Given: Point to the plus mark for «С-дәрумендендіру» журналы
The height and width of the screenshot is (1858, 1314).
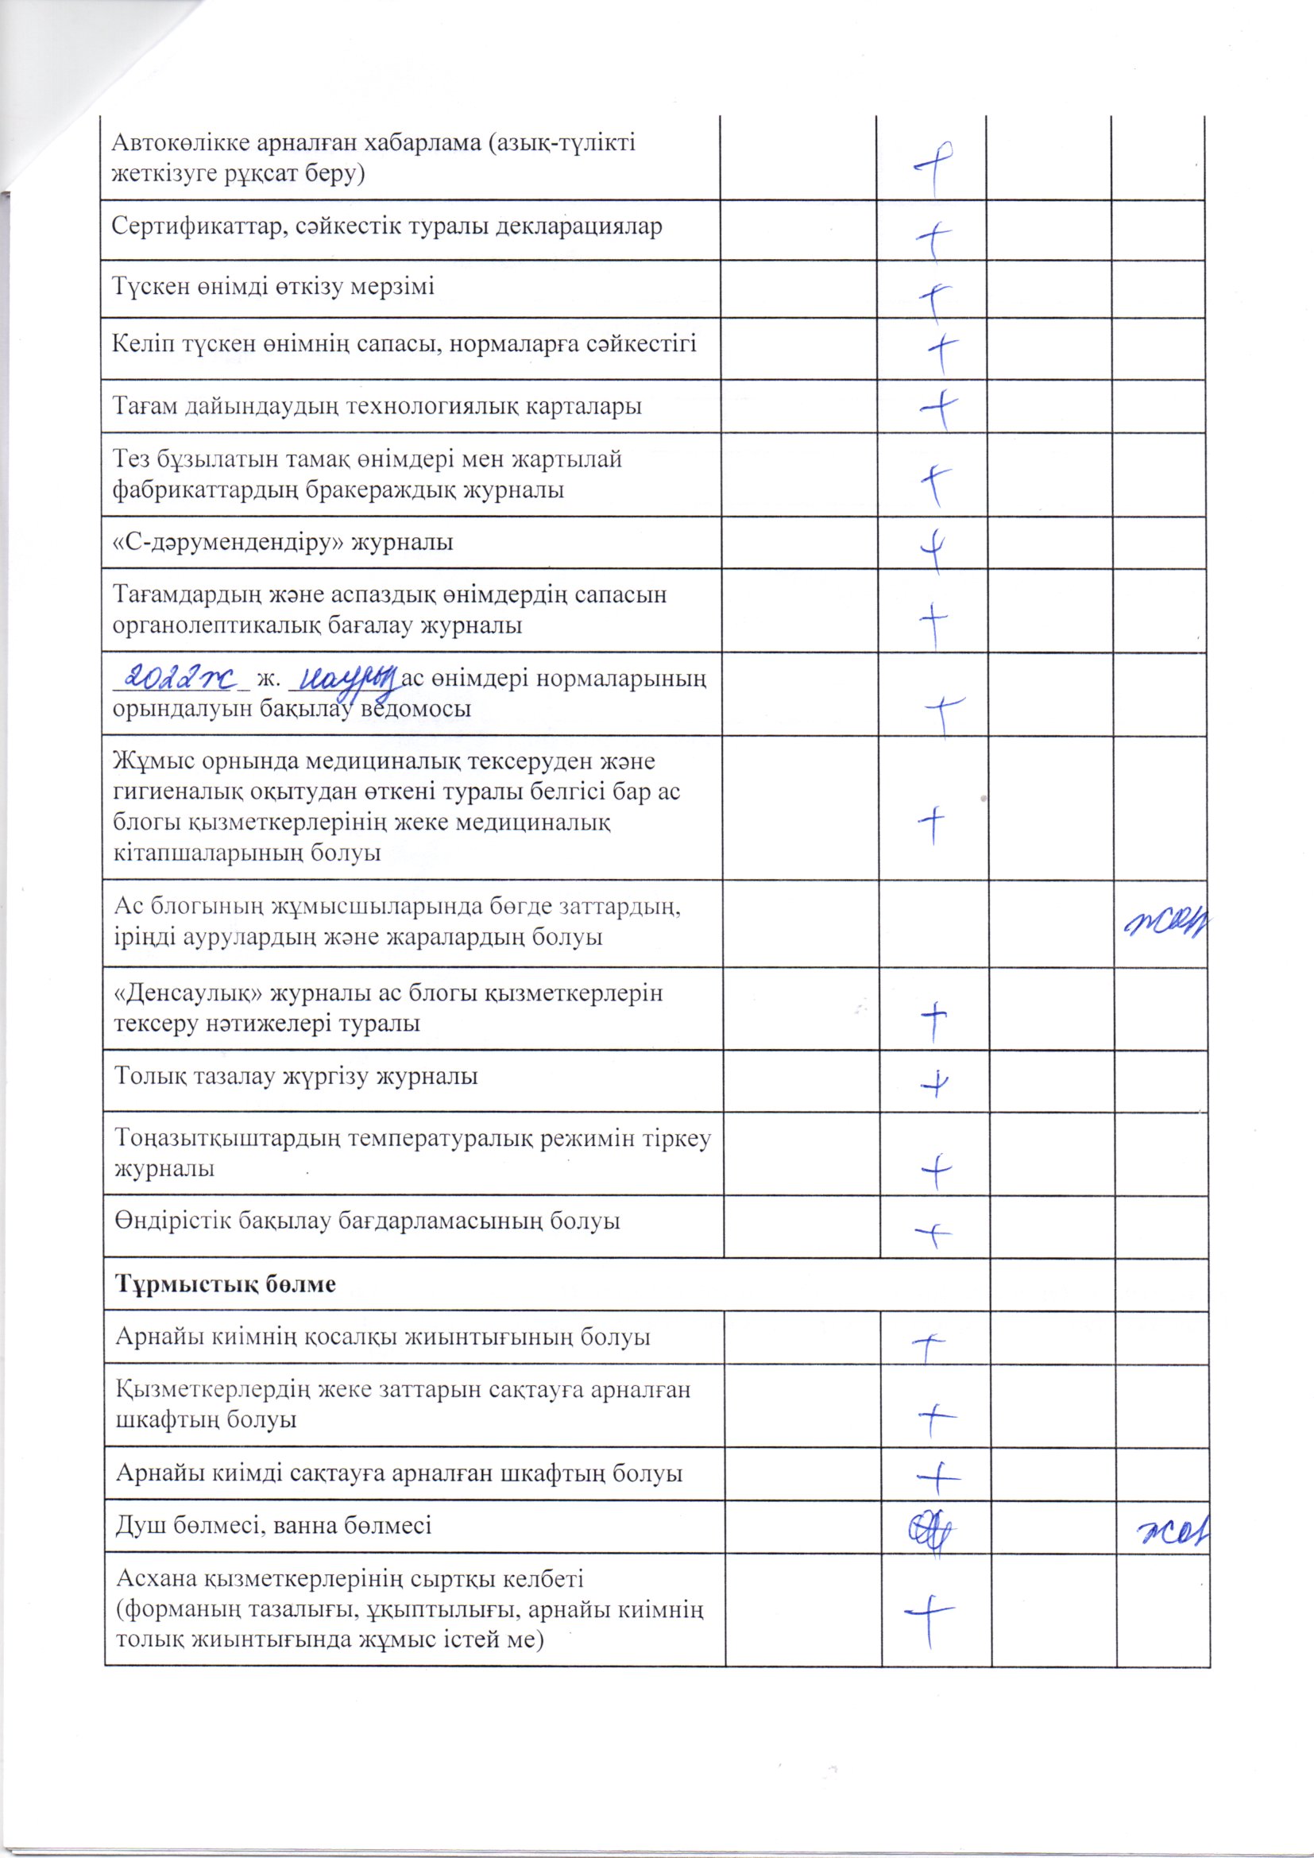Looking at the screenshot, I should click(x=933, y=547).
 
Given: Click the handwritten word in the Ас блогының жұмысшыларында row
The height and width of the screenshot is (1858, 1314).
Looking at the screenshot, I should click(x=1165, y=921).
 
